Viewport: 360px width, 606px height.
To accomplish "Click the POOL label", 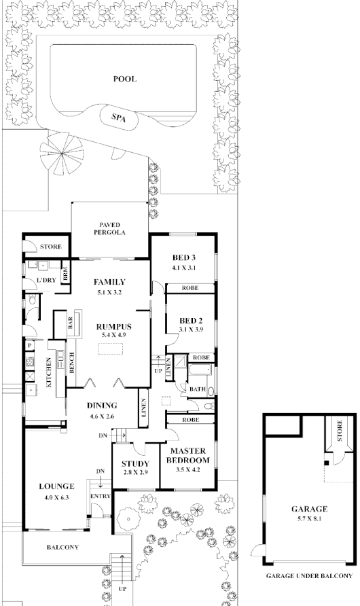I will [x=124, y=79].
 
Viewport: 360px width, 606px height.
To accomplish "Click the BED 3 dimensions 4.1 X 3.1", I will [x=183, y=268].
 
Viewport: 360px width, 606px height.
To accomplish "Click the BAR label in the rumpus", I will [x=70, y=324].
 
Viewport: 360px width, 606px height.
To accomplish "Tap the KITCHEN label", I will [x=48, y=373].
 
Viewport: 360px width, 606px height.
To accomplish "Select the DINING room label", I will [x=103, y=406].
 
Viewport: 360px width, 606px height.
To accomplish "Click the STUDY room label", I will [x=134, y=465].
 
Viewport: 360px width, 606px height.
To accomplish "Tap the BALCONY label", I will [x=62, y=547].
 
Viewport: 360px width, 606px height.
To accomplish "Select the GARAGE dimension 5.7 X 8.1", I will [x=309, y=518].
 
